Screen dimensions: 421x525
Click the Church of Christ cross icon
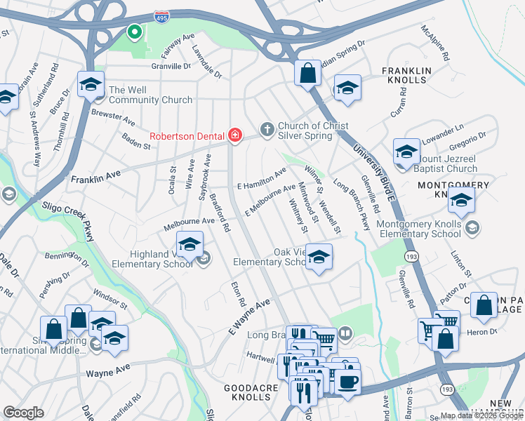pyautogui.click(x=267, y=129)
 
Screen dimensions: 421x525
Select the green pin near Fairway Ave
pyautogui.click(x=133, y=32)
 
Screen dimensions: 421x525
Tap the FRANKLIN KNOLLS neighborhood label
pyautogui.click(x=404, y=75)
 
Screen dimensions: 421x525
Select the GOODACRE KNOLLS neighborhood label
pyautogui.click(x=247, y=392)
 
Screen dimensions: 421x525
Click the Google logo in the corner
pyautogui.click(x=23, y=413)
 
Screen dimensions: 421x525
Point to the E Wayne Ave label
pyautogui.click(x=248, y=318)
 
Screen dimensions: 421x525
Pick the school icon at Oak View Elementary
pyautogui.click(x=319, y=258)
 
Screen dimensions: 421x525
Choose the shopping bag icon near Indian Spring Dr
pyautogui.click(x=307, y=73)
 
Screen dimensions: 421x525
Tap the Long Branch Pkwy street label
pyautogui.click(x=351, y=206)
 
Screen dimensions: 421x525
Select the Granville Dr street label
pyautogui.click(x=171, y=67)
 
